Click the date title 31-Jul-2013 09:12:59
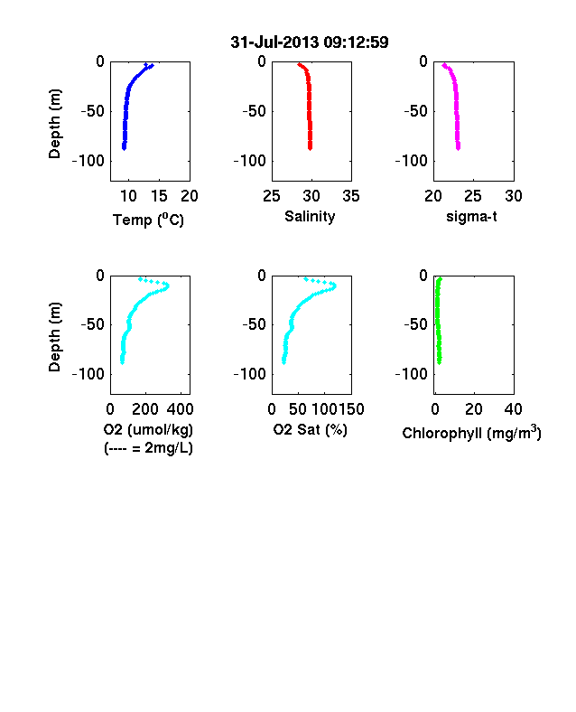click(x=310, y=42)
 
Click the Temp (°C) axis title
click(x=148, y=220)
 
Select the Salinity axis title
click(x=310, y=217)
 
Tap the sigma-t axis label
click(x=471, y=217)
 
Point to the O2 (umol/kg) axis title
click(x=148, y=430)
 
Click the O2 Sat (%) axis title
click(x=310, y=429)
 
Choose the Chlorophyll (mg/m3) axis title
click(x=471, y=433)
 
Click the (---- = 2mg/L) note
click(x=148, y=448)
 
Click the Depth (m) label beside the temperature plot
click(x=54, y=124)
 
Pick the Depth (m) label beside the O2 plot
click(x=54, y=337)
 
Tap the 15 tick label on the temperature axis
click(x=159, y=196)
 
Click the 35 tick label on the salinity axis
click(x=351, y=196)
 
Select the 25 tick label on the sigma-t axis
click(x=473, y=196)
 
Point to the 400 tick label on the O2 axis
click(x=180, y=409)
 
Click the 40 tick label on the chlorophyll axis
click(x=514, y=409)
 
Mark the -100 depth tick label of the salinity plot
click(x=249, y=161)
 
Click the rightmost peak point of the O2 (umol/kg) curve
click(x=167, y=286)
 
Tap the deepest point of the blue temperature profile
click(x=124, y=148)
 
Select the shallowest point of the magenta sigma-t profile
click(x=444, y=65)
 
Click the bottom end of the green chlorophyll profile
click(x=439, y=362)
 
